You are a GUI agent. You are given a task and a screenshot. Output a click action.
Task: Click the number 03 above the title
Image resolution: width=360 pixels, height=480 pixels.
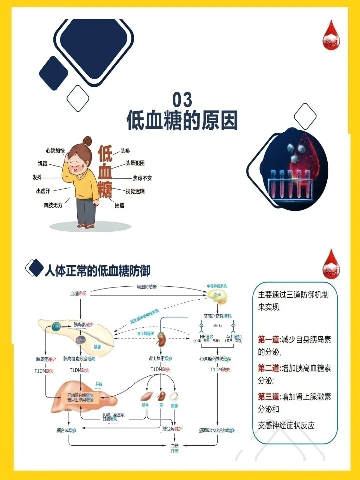182,100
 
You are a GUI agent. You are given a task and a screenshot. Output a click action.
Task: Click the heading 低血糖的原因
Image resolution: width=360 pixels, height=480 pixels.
182,120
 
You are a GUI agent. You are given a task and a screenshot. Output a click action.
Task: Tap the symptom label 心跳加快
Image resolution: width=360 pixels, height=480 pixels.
55,151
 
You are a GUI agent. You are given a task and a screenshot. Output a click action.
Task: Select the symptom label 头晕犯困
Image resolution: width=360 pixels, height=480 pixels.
135,163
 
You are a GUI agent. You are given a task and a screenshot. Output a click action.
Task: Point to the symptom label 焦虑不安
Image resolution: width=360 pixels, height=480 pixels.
142,178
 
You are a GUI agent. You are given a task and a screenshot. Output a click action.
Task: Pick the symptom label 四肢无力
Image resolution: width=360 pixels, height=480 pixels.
53,205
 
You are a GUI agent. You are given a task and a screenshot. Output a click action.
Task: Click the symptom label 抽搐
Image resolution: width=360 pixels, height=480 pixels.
119,205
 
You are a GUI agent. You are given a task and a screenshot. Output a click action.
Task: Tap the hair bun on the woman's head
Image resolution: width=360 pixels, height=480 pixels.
87,141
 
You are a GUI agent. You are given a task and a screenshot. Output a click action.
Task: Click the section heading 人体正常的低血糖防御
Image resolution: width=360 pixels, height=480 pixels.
97,270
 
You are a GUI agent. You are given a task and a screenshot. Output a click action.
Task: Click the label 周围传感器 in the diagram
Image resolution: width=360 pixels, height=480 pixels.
147,287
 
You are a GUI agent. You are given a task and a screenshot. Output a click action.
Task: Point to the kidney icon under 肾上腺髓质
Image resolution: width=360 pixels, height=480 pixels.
161,340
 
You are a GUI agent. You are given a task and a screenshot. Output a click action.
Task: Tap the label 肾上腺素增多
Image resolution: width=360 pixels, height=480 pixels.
161,358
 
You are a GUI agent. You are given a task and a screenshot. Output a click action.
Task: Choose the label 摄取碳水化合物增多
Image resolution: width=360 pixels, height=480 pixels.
217,430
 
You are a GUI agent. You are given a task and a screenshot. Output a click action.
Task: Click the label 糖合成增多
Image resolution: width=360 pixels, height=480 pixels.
67,430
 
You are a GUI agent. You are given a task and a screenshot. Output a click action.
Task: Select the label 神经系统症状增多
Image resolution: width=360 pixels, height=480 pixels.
215,359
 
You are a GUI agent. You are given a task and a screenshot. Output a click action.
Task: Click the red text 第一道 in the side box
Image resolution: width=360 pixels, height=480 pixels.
269,340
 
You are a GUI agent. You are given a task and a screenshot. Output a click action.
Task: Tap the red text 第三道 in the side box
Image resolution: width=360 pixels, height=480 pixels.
269,397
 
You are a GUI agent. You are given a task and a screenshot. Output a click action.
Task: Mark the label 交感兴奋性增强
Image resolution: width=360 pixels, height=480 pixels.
218,316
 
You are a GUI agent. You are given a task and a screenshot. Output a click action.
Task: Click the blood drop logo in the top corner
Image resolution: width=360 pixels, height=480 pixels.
331,36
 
